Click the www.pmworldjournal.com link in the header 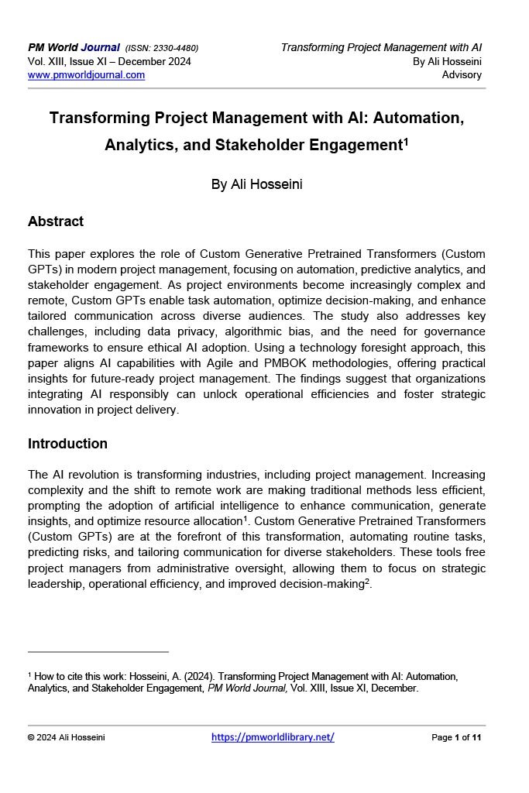(86, 75)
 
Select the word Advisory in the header (462, 75)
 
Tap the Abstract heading (56, 221)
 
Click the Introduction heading (67, 444)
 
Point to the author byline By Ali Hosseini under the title (256, 184)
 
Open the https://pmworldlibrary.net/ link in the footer (273, 737)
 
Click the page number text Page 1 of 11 (456, 737)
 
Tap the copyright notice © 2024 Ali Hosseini (66, 737)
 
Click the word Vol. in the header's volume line (36, 62)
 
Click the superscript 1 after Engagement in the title (406, 142)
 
